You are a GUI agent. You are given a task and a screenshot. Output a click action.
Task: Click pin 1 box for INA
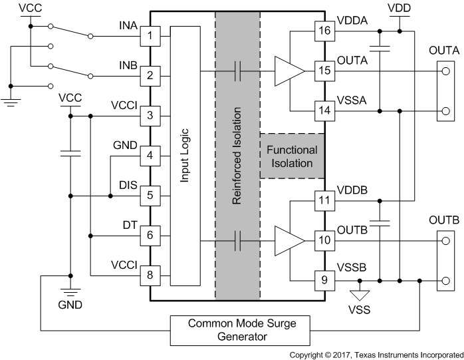click(150, 35)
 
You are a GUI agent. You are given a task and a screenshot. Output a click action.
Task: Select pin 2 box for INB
click(150, 76)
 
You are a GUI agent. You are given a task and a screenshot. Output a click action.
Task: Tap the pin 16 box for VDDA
click(324, 31)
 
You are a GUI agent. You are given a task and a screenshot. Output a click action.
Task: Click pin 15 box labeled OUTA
click(324, 70)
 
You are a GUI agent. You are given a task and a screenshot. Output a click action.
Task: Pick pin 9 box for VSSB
click(324, 280)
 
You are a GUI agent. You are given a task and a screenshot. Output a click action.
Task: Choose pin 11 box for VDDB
click(324, 200)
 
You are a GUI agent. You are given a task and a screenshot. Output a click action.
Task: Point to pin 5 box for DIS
click(150, 196)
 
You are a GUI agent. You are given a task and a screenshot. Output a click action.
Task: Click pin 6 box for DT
click(150, 236)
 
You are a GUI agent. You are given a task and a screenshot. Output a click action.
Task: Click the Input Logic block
click(185, 156)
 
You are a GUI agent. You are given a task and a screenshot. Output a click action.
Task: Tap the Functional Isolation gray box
click(292, 156)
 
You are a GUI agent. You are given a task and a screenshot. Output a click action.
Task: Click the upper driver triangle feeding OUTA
click(289, 71)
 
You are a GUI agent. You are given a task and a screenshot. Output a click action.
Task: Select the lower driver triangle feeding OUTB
click(289, 240)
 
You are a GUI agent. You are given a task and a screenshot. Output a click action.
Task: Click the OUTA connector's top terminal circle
click(443, 71)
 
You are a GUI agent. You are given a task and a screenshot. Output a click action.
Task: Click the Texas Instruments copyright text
click(376, 355)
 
